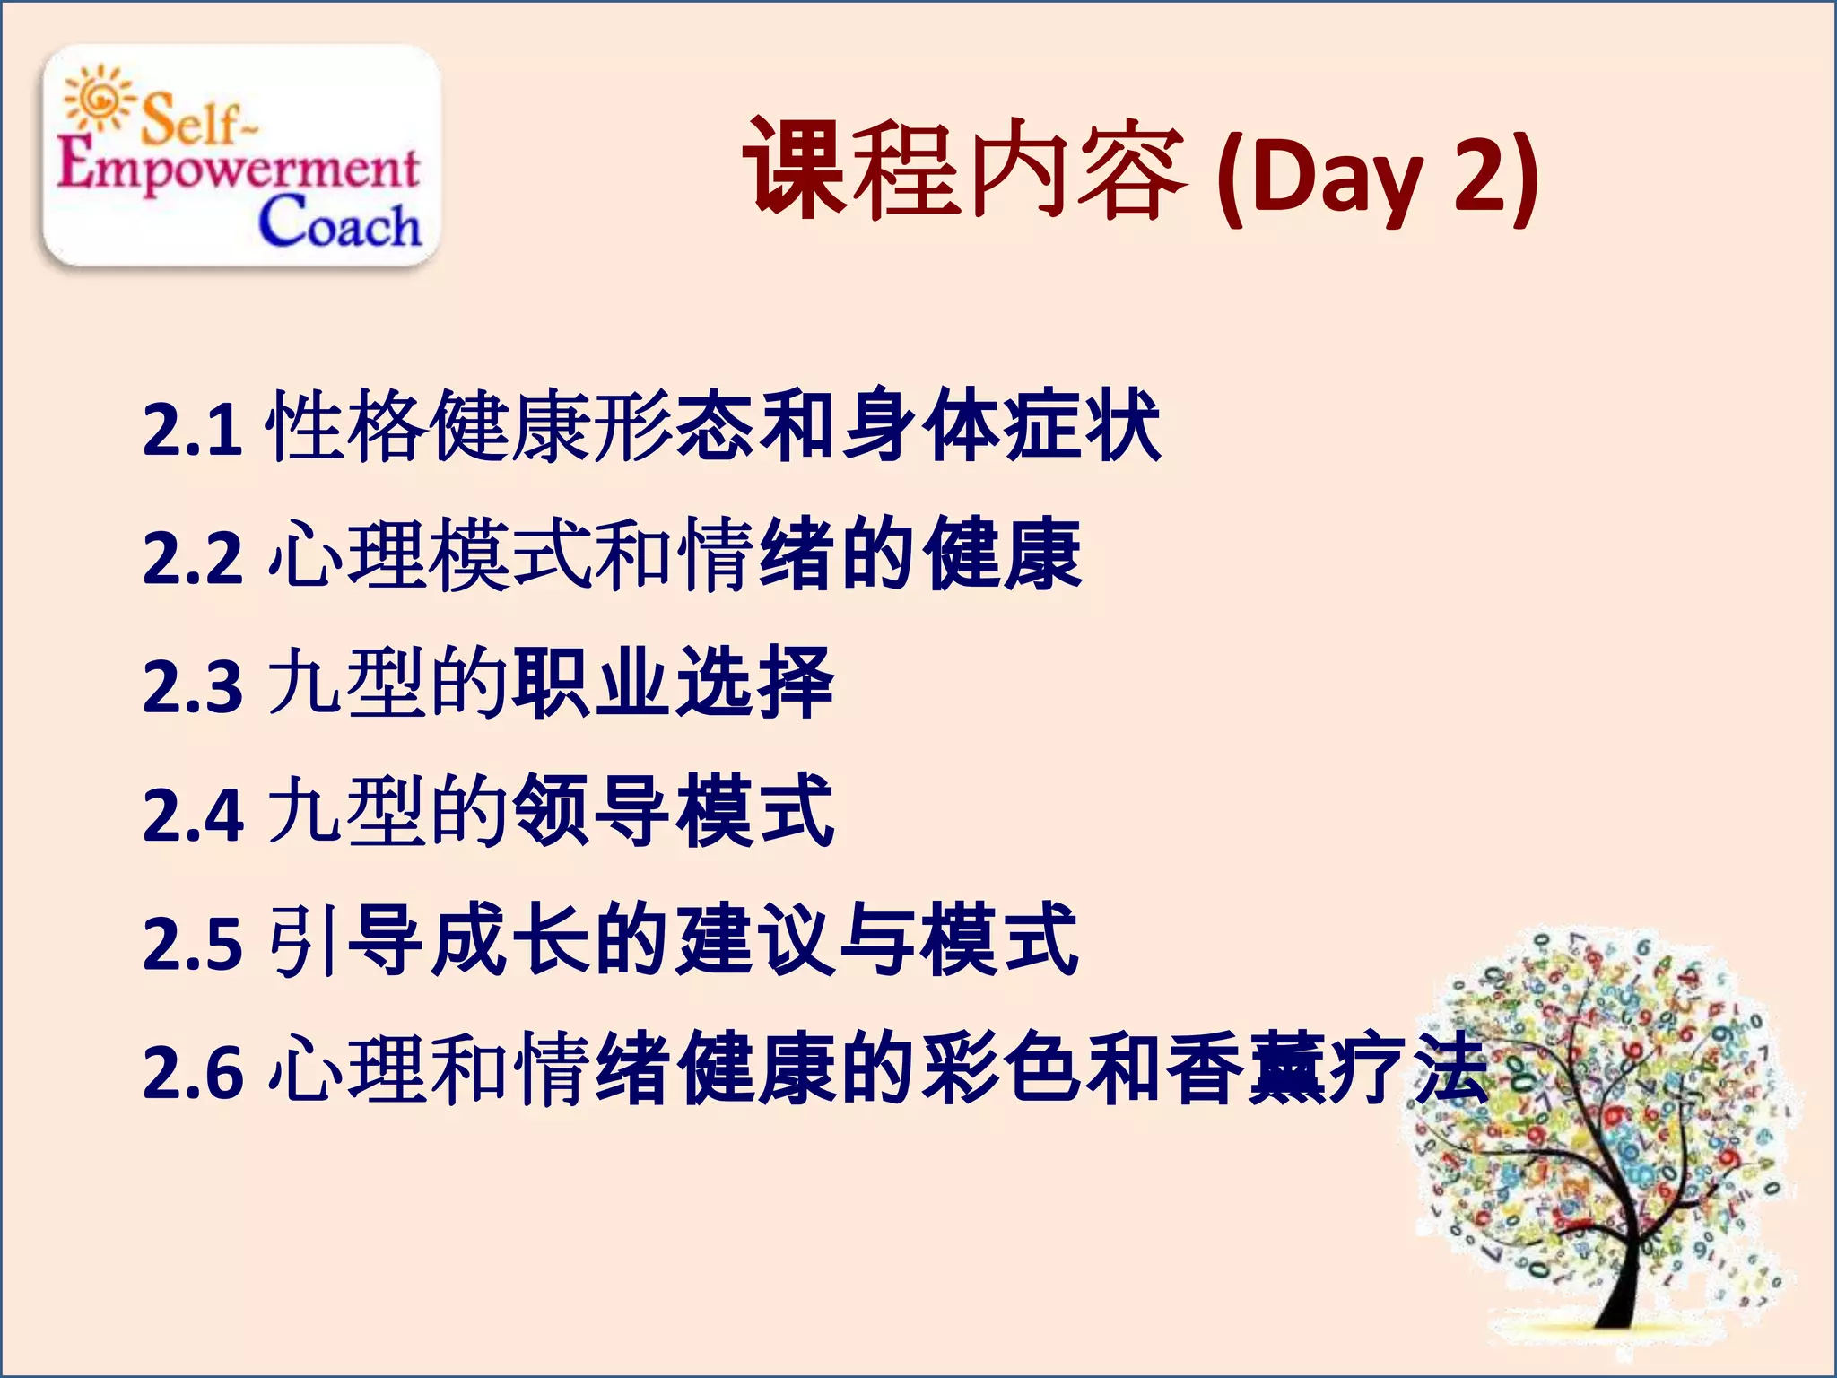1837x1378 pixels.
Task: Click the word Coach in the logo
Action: click(x=339, y=222)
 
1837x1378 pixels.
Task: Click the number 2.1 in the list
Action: click(x=192, y=429)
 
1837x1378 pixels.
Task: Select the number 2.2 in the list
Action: click(x=192, y=558)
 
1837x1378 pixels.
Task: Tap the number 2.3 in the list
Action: click(x=192, y=686)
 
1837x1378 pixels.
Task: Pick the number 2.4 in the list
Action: click(x=192, y=815)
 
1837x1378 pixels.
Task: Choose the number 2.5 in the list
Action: click(x=192, y=943)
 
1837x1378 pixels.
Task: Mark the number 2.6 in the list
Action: click(x=192, y=1072)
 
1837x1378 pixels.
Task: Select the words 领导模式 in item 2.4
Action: click(x=673, y=811)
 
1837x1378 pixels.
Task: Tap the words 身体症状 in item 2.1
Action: click(x=1000, y=425)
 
